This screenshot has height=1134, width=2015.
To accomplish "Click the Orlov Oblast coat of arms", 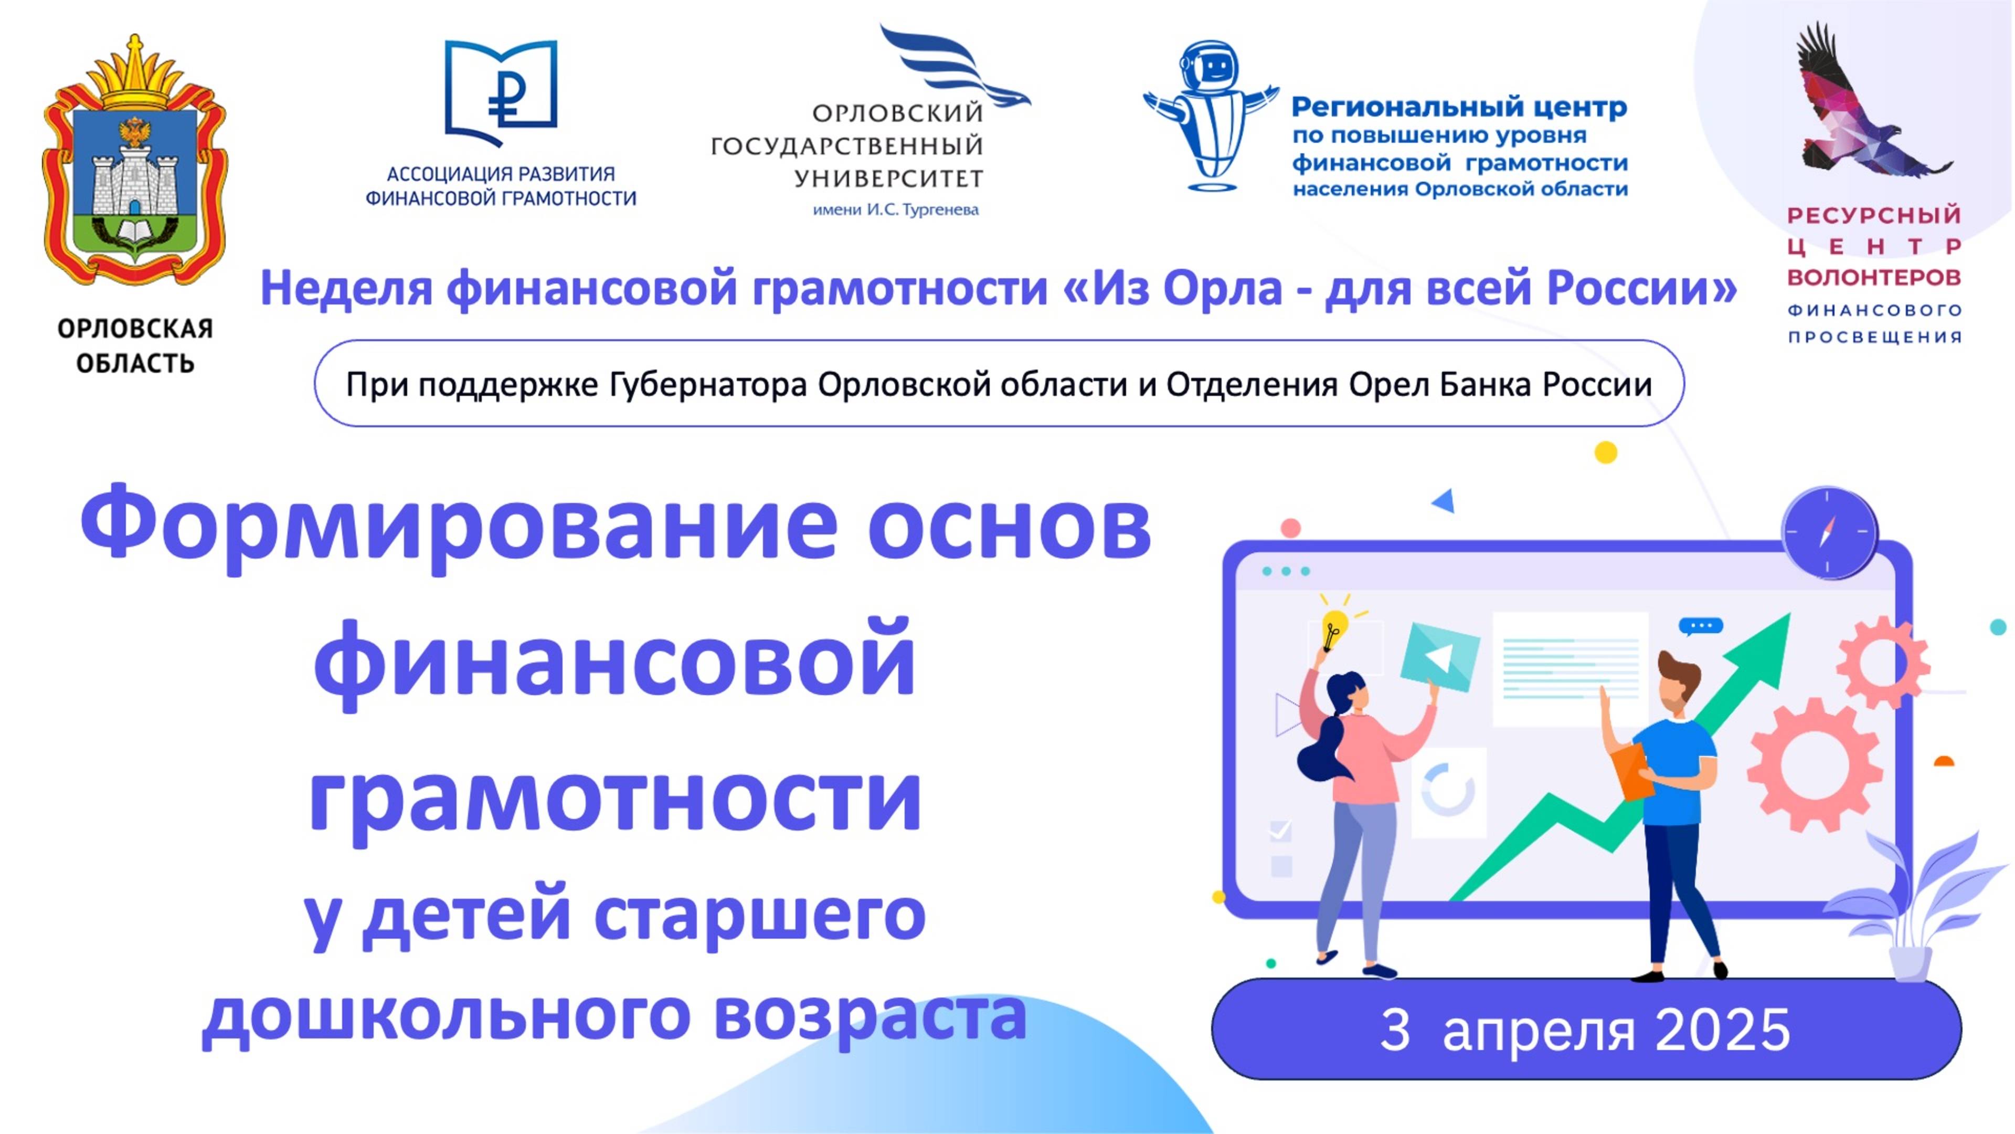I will click(x=134, y=164).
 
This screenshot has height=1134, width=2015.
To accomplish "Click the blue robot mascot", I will click(x=1211, y=113).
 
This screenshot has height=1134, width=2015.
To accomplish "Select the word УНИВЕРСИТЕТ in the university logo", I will click(x=888, y=179).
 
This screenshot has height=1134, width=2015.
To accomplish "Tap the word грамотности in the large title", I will click(x=615, y=798).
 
